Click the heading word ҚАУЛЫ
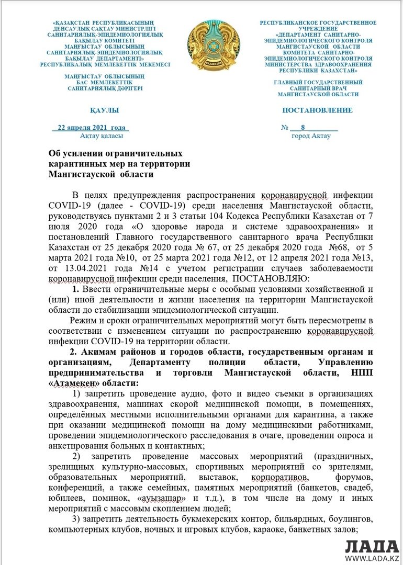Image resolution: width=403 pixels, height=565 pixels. [104, 110]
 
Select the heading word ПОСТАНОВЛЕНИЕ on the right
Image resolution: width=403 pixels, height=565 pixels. [317, 110]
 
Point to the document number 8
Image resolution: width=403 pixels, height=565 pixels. [303, 128]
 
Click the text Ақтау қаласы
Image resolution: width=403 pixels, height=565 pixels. [102, 136]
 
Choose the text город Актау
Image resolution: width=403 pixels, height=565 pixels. [311, 136]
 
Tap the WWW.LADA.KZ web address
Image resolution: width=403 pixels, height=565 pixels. [372, 559]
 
